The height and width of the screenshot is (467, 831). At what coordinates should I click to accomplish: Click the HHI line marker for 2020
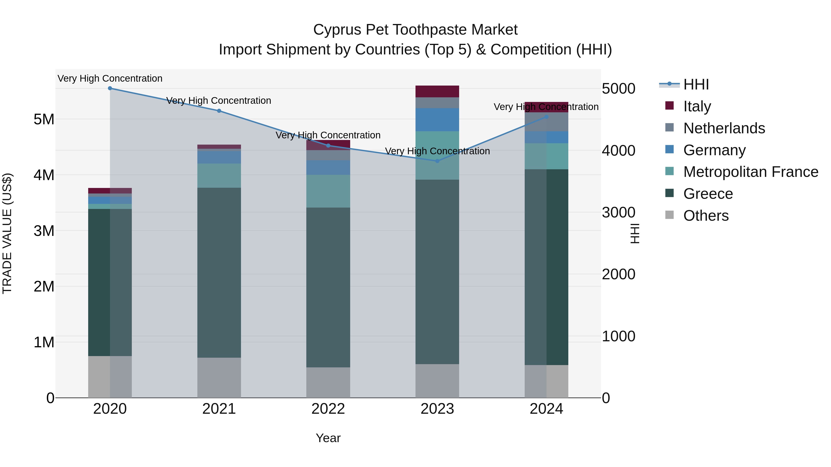tap(110, 88)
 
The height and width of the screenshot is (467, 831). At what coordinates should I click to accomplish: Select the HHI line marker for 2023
tap(437, 161)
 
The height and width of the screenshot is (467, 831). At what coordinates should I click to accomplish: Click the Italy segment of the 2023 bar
tap(437, 92)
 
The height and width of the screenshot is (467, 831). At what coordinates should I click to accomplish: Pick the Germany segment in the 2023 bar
tap(437, 119)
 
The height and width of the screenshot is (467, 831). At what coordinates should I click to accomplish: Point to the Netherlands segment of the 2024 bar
tap(546, 122)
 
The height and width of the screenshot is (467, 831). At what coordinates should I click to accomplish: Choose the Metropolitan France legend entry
tap(750, 172)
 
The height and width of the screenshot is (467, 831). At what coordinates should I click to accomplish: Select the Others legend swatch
tap(669, 215)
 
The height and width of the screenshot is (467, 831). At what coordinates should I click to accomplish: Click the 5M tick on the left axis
tap(44, 119)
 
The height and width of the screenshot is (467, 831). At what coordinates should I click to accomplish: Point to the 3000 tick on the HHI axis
tap(618, 212)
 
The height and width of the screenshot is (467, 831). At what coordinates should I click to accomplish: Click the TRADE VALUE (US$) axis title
tap(7, 233)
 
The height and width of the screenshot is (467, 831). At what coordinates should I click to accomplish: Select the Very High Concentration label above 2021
tap(219, 101)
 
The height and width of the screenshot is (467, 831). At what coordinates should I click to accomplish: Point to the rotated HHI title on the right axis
tap(635, 233)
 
